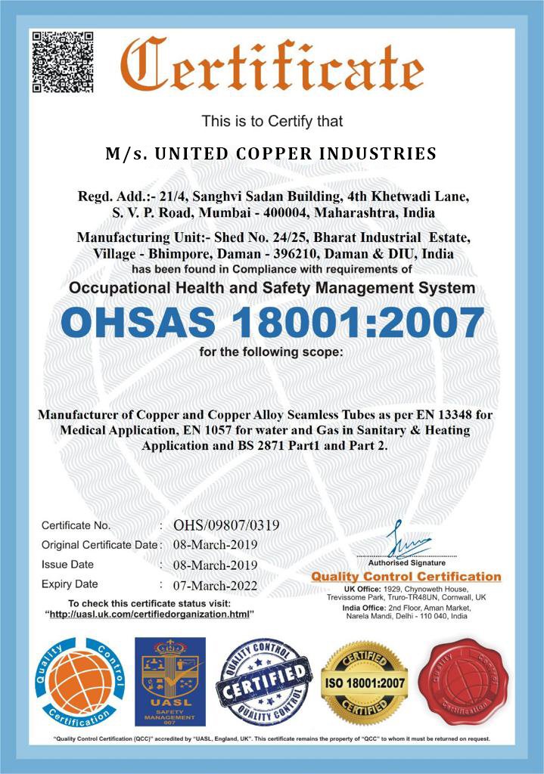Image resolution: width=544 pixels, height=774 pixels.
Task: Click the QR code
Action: coord(61,61)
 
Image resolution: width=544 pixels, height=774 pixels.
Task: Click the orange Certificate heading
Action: coord(272,67)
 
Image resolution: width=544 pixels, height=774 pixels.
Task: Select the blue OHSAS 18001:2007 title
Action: coord(272,324)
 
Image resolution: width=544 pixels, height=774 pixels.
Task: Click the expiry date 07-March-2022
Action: coord(216,585)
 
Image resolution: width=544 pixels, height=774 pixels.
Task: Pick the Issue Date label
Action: coord(68,565)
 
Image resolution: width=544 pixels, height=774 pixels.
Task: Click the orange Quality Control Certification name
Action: coord(406,577)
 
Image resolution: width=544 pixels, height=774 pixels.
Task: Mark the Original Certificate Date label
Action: coord(101,545)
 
